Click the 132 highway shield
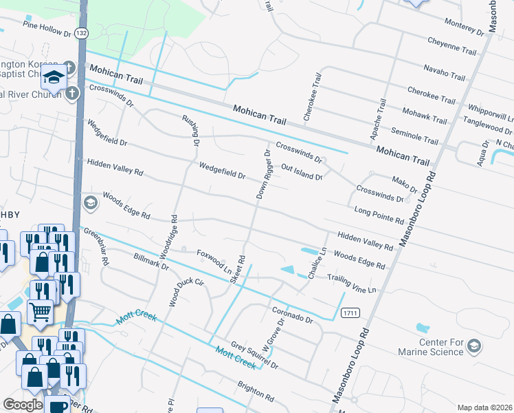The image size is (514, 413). [82, 33]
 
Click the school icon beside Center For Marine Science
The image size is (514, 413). [473, 346]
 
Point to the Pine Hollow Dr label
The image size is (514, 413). [47, 28]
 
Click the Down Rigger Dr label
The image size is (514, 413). [263, 173]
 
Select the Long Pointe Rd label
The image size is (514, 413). [379, 215]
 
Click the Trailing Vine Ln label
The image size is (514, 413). [352, 284]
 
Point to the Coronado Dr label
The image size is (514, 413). [291, 315]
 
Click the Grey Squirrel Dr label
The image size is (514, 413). [254, 356]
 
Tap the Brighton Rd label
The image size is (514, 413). [258, 393]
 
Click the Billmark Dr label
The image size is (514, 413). [151, 262]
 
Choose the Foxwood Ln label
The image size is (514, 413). [214, 262]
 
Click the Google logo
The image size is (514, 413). [23, 405]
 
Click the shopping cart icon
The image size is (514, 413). [40, 311]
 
